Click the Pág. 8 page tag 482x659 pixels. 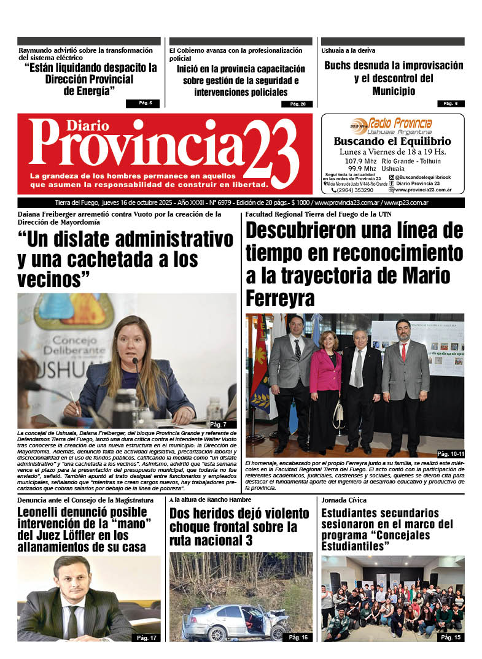[x=451, y=103]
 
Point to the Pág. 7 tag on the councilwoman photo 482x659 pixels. [x=219, y=425]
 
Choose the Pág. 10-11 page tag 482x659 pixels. [x=450, y=453]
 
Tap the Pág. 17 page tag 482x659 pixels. [x=147, y=638]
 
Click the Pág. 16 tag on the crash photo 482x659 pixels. [x=298, y=638]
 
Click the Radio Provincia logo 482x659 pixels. [x=393, y=125]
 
